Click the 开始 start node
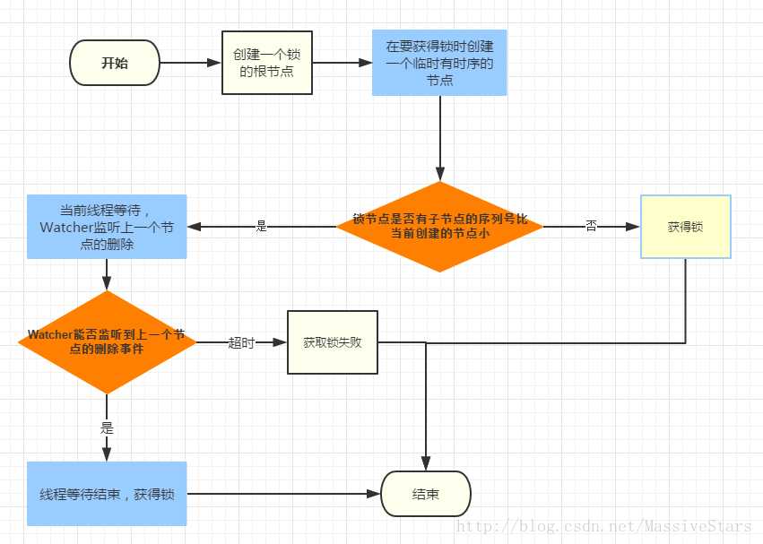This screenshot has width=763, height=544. pos(115,64)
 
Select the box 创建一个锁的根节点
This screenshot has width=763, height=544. pos(267,63)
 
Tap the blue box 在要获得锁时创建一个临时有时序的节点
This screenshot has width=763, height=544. pos(439,63)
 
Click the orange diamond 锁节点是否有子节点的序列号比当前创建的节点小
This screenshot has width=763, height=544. pos(439,227)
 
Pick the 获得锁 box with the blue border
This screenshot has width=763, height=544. pos(686,227)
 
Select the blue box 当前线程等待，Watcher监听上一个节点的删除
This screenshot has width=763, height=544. pos(107,227)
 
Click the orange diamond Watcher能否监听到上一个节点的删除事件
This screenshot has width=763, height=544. pos(107,341)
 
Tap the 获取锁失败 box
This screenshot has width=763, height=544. pos(333,341)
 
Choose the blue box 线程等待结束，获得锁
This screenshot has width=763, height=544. pos(107,493)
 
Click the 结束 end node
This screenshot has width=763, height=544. pos(426,494)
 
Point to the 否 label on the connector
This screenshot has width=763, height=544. pos(592,227)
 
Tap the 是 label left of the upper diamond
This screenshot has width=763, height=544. pos(262,227)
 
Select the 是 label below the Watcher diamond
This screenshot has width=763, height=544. pos(108,428)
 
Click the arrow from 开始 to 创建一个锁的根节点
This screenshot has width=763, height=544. pos(191,64)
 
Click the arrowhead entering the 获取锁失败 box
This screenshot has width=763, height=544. pos(281,342)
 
